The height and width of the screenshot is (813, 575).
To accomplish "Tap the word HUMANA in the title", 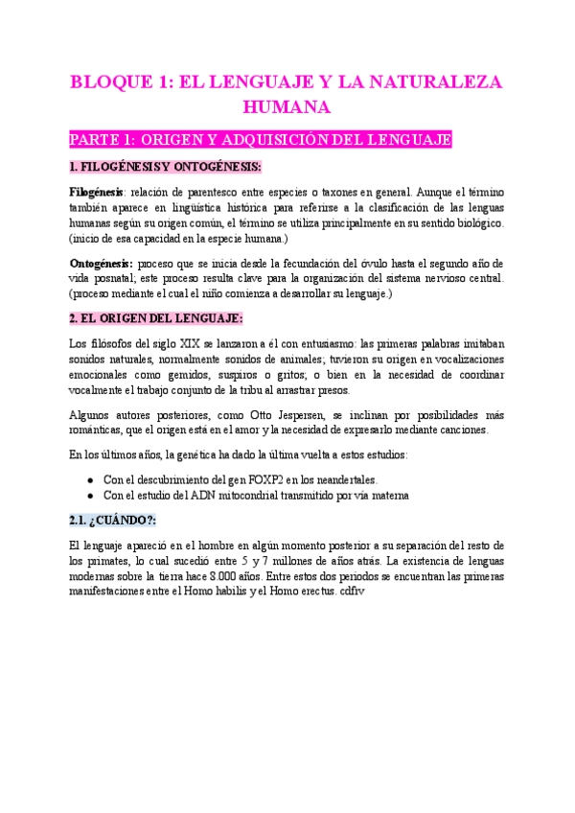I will point(287,105).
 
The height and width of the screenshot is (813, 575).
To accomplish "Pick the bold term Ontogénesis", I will point(101,263).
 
